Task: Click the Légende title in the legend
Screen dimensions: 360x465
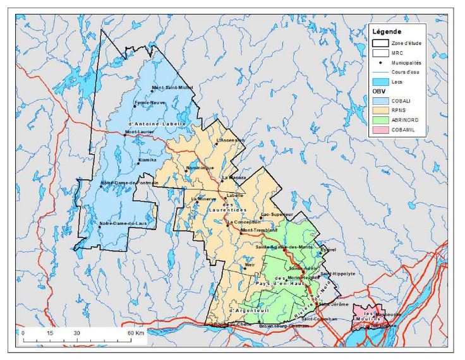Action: click(390, 32)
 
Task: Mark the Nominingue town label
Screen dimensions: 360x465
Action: click(200, 168)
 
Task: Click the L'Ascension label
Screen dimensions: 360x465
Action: click(231, 140)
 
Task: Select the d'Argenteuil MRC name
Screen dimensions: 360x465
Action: click(246, 310)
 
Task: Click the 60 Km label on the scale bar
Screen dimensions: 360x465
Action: click(137, 332)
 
